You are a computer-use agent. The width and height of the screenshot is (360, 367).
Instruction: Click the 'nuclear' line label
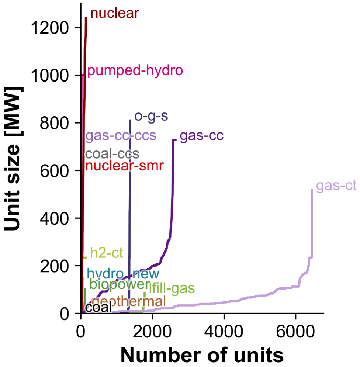click(x=115, y=14)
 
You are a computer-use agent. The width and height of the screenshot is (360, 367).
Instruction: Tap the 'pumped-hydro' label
click(x=135, y=70)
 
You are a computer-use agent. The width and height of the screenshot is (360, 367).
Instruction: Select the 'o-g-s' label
click(x=151, y=117)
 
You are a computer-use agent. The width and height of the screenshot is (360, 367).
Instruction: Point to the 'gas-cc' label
click(x=202, y=136)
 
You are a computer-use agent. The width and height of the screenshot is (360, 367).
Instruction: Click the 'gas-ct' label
click(x=336, y=186)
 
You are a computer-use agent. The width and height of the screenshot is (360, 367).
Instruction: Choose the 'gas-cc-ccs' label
click(x=121, y=136)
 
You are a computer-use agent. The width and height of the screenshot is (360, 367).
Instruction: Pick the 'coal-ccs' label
click(x=112, y=154)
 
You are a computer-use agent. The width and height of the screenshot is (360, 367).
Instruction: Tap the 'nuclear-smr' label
click(x=124, y=166)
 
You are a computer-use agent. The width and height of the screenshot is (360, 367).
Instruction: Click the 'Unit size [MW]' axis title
click(x=14, y=159)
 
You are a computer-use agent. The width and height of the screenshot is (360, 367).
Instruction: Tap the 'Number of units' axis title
click(x=202, y=354)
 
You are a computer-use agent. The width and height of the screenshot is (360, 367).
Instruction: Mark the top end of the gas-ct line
click(x=312, y=190)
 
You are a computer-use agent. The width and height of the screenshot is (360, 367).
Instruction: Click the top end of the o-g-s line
click(x=130, y=120)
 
